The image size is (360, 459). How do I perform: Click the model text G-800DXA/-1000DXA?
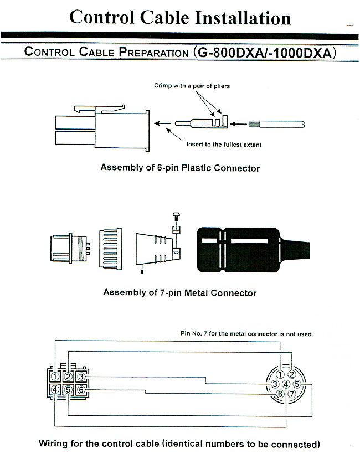click(265, 53)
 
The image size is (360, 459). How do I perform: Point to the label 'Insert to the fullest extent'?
click(224, 145)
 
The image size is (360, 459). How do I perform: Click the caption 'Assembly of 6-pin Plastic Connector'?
click(180, 167)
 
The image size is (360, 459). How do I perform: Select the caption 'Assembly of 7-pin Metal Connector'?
click(180, 292)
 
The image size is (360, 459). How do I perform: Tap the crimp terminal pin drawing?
click(202, 122)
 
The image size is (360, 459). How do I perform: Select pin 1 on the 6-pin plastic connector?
click(55, 377)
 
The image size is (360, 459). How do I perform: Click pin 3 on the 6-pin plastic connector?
click(81, 377)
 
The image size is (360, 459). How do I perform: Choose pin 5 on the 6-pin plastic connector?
click(68, 390)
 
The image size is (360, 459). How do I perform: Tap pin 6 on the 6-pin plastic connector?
click(81, 390)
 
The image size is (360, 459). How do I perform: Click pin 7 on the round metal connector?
click(291, 394)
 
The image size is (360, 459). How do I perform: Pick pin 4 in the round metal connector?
click(286, 384)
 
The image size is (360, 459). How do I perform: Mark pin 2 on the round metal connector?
click(291, 374)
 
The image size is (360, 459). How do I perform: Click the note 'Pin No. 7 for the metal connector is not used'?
click(246, 334)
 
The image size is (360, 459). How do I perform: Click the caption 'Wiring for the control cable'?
click(180, 443)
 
